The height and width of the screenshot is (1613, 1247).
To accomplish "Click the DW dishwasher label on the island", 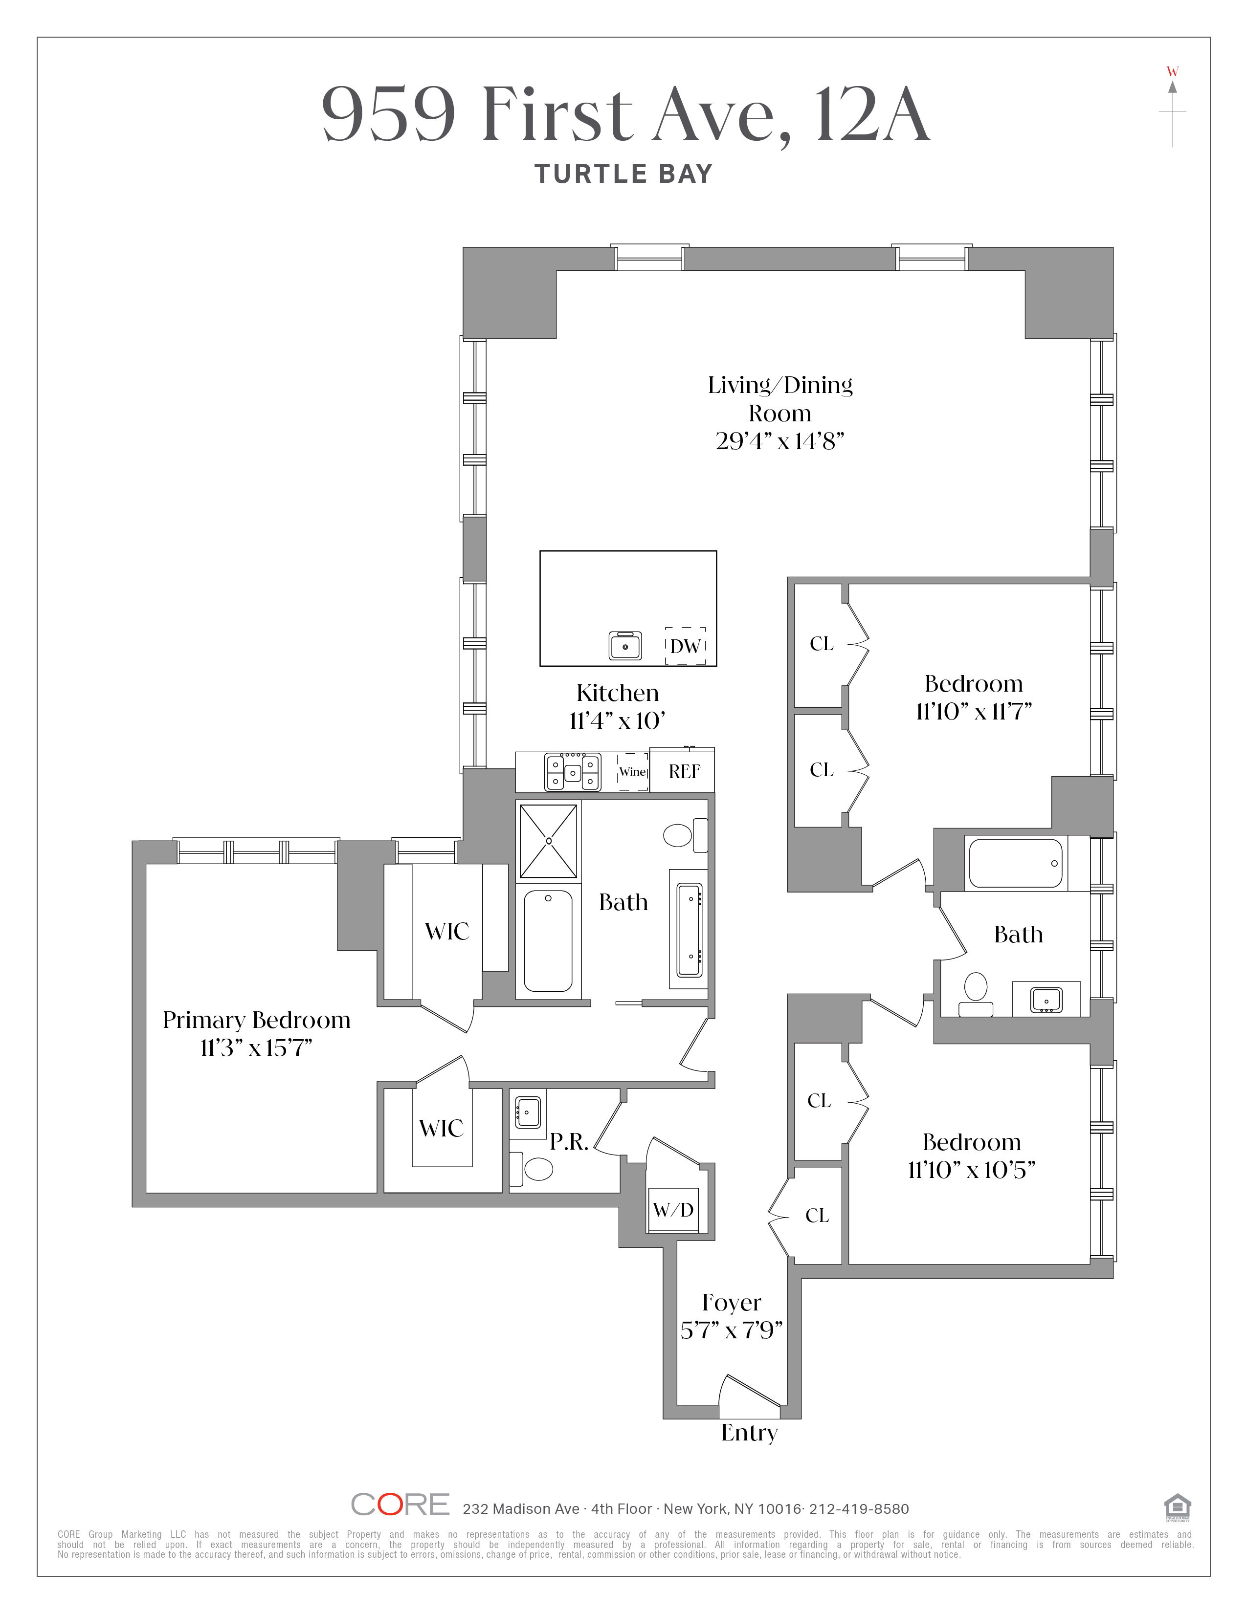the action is (x=686, y=646).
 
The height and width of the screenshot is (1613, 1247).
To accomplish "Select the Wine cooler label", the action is (x=632, y=772).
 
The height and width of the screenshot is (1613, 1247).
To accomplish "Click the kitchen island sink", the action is (x=625, y=646).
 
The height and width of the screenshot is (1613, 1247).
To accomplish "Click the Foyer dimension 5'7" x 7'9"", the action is (x=732, y=1330).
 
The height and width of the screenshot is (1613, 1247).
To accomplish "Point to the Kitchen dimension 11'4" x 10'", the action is (x=618, y=720).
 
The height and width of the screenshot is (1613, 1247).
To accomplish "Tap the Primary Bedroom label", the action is (x=256, y=1020).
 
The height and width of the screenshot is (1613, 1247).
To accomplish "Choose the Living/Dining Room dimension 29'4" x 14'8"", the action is (x=779, y=441).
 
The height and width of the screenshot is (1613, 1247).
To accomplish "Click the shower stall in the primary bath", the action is (x=548, y=841).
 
